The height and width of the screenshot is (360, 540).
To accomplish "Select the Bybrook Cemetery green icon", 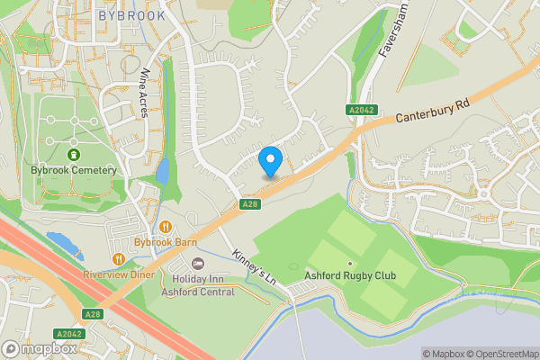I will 74,155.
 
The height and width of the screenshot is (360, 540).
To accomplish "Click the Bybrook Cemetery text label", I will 74,170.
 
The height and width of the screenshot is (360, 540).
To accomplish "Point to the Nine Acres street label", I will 144,94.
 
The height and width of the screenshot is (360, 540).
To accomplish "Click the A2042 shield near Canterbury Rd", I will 360,109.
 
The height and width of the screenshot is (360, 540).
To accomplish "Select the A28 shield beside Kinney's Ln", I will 250,205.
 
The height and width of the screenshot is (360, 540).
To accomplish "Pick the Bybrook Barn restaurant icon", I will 166,227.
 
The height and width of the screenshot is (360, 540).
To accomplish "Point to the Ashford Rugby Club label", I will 350,275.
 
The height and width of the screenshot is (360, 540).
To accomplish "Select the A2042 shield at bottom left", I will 69,332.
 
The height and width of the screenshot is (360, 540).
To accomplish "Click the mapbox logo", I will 39,348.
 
